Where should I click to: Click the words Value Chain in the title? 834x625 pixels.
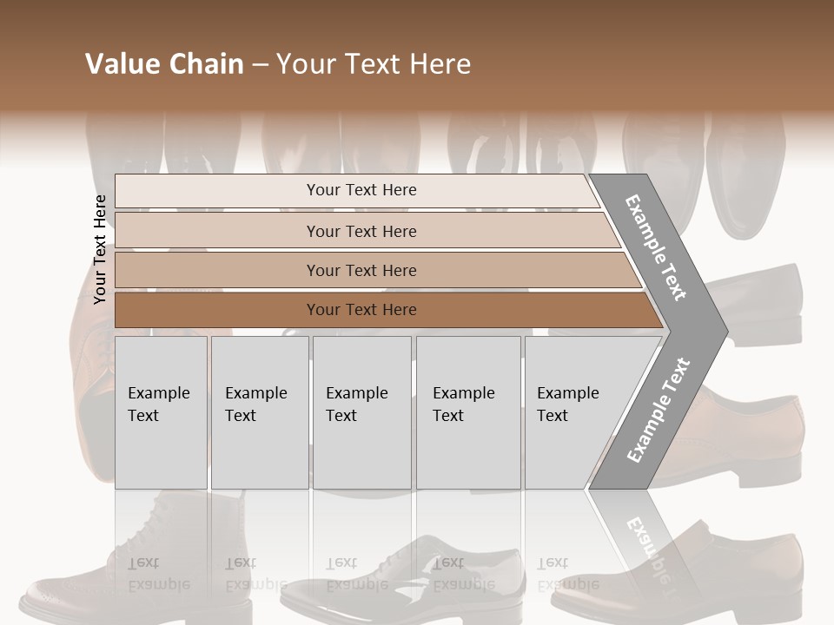pyautogui.click(x=164, y=64)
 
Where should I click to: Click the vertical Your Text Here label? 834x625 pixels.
pyautogui.click(x=100, y=249)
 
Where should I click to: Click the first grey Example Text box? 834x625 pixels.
pyautogui.click(x=161, y=412)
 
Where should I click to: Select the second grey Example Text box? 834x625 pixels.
pyautogui.click(x=259, y=412)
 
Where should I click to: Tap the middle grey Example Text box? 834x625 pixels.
pyautogui.click(x=361, y=412)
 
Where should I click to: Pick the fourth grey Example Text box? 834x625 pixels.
pyautogui.click(x=467, y=412)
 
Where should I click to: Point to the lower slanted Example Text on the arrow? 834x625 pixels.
pyautogui.click(x=659, y=411)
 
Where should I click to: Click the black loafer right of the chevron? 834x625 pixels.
pyautogui.click(x=764, y=304)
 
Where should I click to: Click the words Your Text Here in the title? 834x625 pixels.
pyautogui.click(x=374, y=64)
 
